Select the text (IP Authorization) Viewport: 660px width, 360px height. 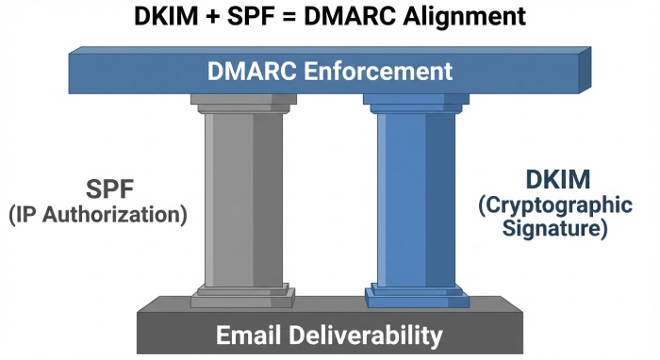pos(97,214)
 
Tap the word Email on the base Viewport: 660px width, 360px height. pos(248,335)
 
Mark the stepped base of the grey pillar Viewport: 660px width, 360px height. pos(242,294)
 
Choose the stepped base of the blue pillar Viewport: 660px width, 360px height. pos(416,294)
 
